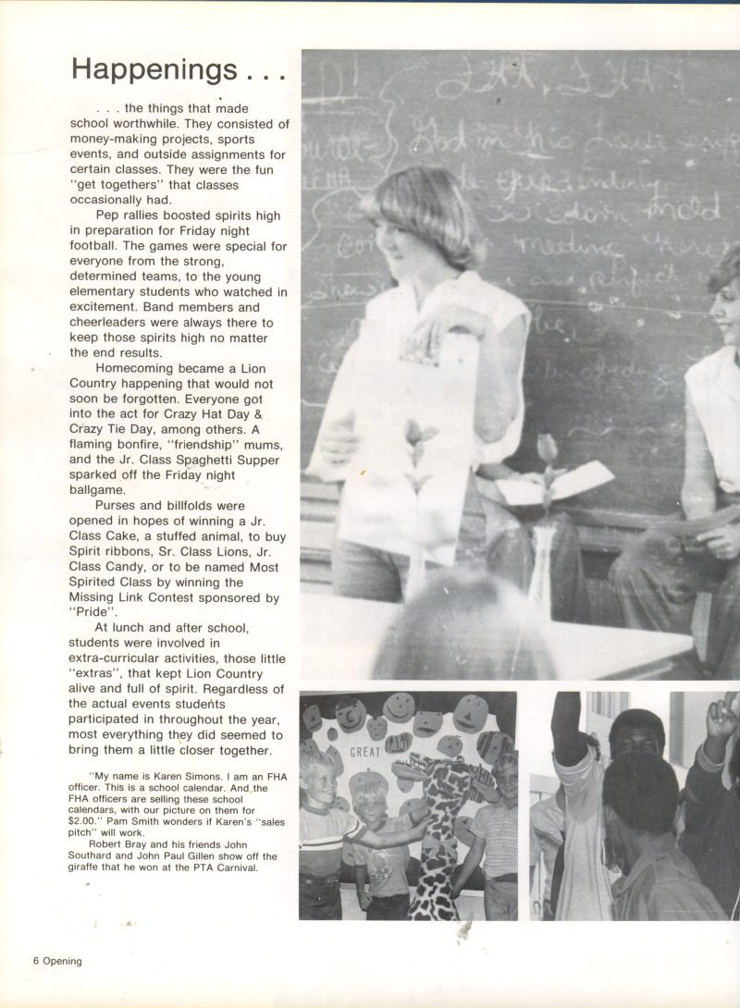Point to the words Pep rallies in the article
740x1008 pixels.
click(x=137, y=215)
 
